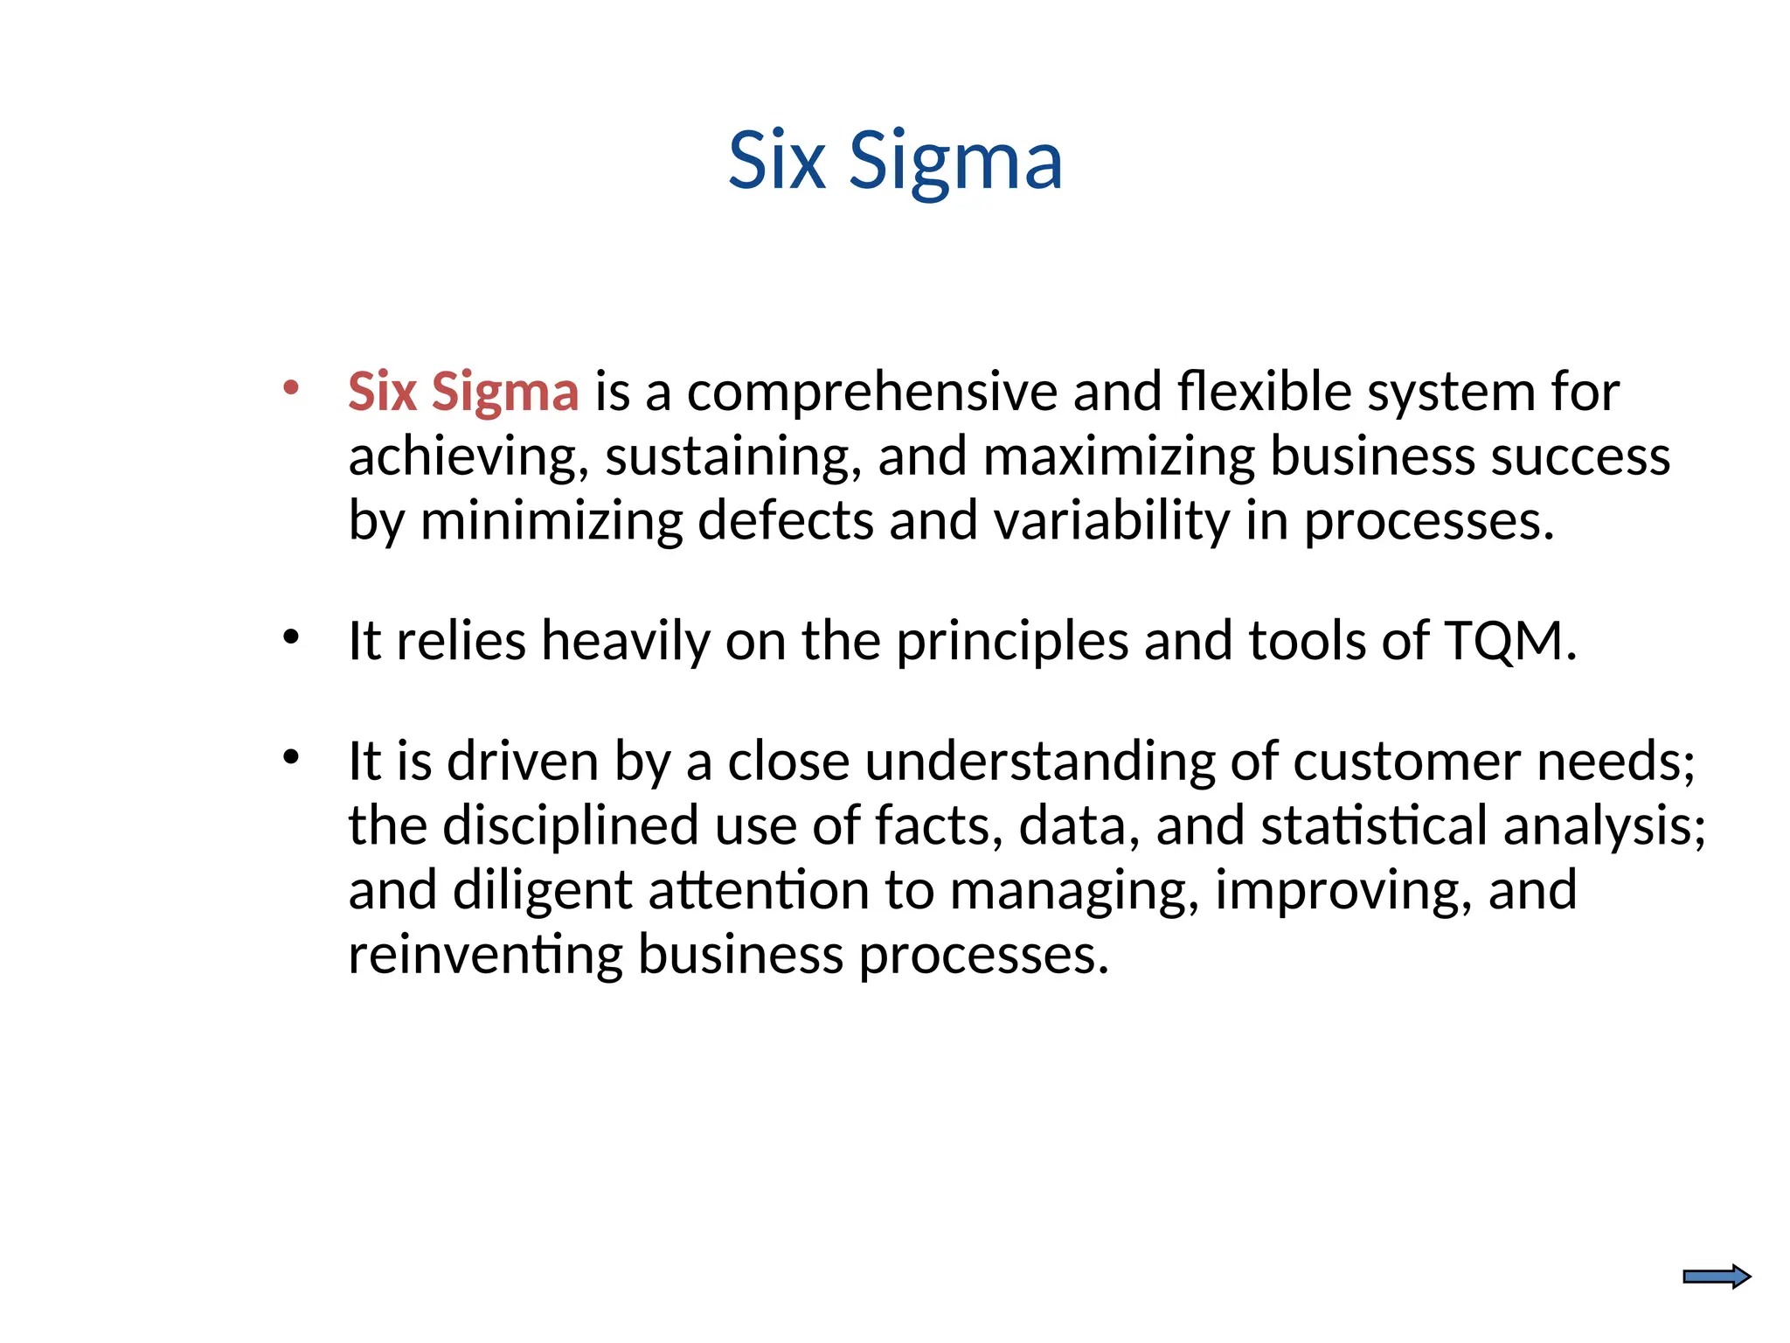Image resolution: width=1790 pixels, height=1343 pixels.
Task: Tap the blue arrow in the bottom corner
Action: point(1717,1277)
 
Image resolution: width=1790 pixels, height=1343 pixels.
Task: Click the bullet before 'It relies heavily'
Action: point(291,637)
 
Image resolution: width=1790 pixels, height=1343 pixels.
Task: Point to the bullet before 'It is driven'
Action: point(291,757)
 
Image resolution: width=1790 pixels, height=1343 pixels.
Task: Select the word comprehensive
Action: point(871,392)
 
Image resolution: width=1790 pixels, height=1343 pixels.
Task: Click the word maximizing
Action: point(1118,456)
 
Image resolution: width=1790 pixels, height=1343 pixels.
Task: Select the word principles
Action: point(1012,642)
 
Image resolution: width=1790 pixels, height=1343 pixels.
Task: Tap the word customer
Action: point(1406,761)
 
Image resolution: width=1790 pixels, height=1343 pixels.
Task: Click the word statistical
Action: point(1373,825)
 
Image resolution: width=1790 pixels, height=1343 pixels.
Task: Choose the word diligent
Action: point(542,891)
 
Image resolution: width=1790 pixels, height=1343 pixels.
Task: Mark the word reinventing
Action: point(485,954)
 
